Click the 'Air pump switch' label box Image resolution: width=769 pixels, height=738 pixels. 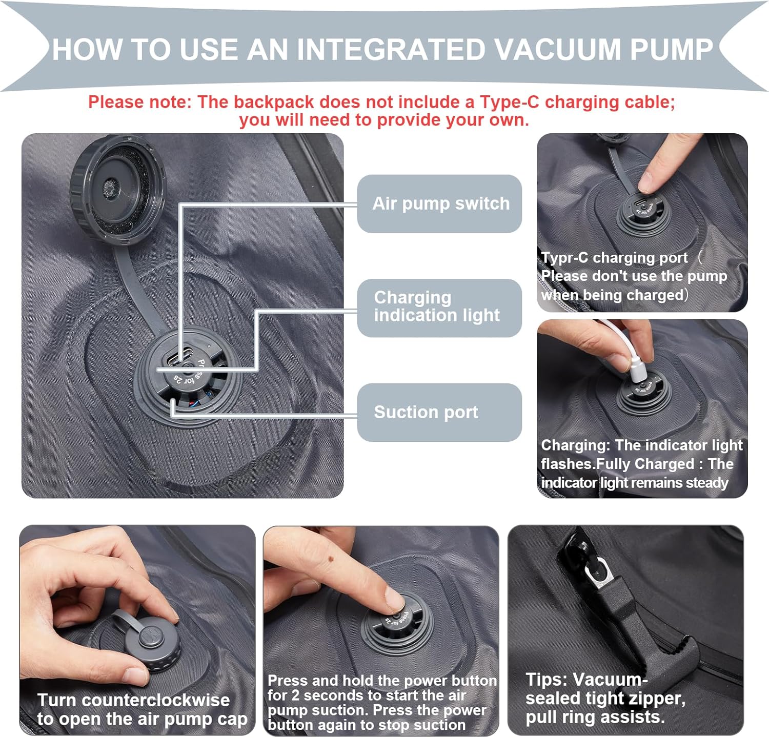tap(439, 203)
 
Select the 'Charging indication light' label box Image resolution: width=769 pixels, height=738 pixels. tap(439, 307)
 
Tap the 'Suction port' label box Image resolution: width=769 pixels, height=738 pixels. tap(439, 412)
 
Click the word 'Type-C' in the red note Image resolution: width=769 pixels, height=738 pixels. tap(510, 102)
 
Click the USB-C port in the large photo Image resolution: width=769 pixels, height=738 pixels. tap(180, 355)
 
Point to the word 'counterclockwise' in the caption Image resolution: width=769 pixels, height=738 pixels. tap(155, 700)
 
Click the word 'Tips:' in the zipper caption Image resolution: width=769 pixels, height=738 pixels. tap(547, 680)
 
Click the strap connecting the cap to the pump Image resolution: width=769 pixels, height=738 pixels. tap(138, 288)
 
